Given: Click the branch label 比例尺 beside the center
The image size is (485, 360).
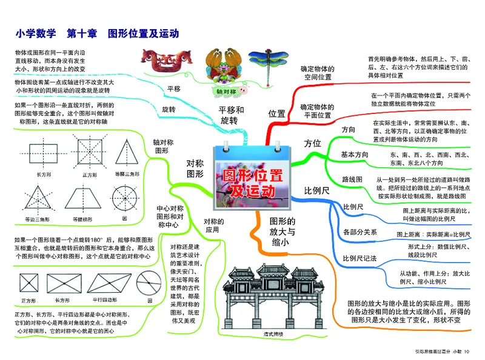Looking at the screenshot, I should tap(316, 190).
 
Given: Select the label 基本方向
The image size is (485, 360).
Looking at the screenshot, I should tap(354, 155).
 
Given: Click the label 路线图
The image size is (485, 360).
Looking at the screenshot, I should tap(352, 179).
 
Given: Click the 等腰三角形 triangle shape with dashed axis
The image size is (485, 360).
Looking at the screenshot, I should tap(126, 153).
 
